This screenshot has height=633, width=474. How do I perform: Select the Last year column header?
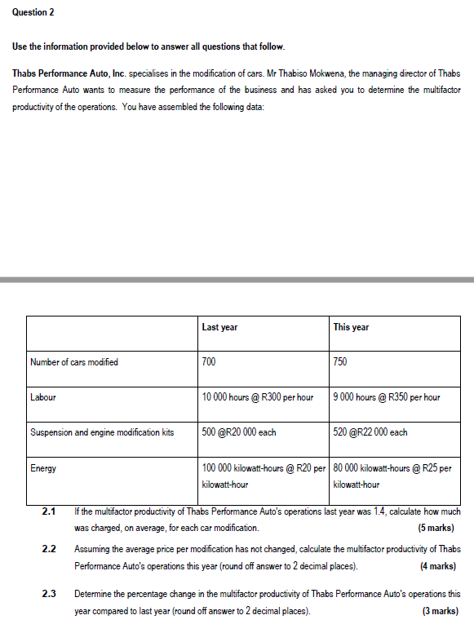coord(219,327)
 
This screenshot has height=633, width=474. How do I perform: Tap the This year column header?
coord(351,327)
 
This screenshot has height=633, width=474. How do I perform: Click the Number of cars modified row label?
coord(73,362)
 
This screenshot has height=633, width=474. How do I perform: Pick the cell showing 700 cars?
coord(210,362)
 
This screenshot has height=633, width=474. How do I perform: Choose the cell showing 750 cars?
coord(341,362)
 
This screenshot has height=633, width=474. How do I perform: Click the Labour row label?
coord(42,397)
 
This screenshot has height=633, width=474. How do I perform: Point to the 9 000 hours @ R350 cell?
coord(387,397)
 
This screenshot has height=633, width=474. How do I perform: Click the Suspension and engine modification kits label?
coord(102,432)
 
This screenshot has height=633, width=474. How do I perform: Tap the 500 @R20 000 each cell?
coord(239,432)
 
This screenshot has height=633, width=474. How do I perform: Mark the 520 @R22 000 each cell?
coord(370,432)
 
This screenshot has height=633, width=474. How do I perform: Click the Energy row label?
coord(43,468)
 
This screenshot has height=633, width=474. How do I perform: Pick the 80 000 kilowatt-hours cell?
coord(392,476)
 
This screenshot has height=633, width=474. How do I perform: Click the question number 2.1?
coord(48,512)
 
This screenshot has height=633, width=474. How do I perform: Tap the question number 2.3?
coord(48,595)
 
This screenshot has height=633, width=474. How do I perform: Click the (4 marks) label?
coord(437,565)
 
